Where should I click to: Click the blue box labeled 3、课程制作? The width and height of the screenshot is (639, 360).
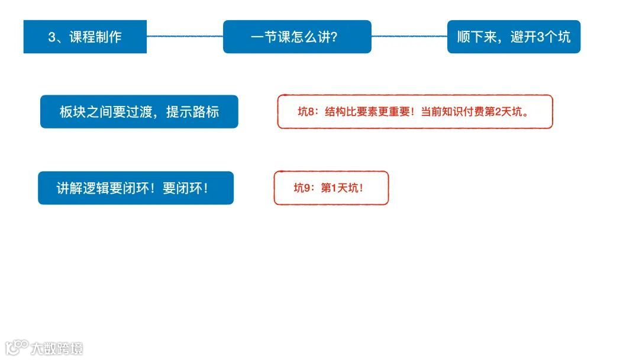click(x=85, y=37)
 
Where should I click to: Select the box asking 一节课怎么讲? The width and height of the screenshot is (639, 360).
click(x=296, y=37)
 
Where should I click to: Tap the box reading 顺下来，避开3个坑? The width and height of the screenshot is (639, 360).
click(x=514, y=37)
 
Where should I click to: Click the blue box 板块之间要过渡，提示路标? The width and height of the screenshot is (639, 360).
click(x=139, y=111)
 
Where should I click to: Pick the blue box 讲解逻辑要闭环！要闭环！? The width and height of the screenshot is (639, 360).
click(x=135, y=188)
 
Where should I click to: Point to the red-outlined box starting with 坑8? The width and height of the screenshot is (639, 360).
click(x=415, y=111)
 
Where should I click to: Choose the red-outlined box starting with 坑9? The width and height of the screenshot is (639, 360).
click(x=331, y=188)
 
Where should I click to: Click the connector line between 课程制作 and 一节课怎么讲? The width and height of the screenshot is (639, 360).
click(x=185, y=36)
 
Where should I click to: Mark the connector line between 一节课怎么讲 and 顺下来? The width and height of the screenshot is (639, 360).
click(x=409, y=36)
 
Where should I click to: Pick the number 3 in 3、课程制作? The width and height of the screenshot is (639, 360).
click(x=51, y=37)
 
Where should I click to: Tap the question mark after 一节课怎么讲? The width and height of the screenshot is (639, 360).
click(x=334, y=37)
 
